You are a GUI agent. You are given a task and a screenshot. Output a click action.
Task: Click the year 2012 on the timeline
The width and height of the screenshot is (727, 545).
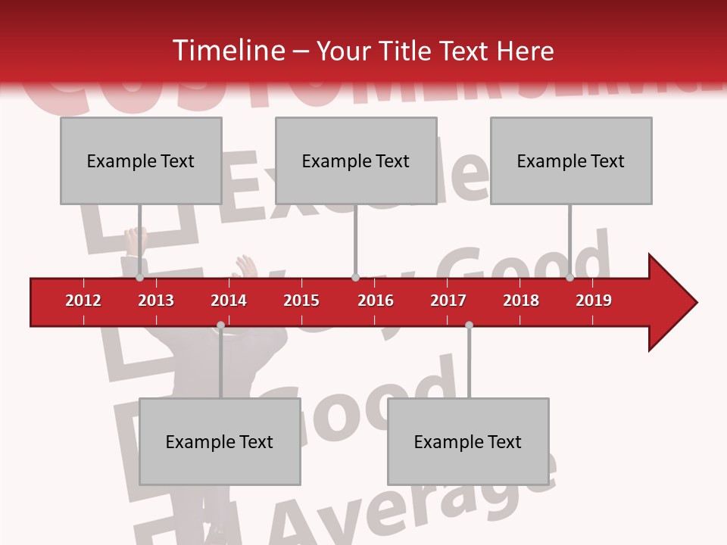pyautogui.click(x=83, y=301)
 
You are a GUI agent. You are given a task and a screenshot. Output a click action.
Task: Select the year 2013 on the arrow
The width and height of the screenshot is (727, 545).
pyautogui.click(x=156, y=301)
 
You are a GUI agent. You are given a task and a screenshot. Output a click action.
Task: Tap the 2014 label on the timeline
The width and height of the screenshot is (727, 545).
pyautogui.click(x=229, y=301)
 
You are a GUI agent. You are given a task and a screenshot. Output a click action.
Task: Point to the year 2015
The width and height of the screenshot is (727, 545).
pyautogui.click(x=301, y=301)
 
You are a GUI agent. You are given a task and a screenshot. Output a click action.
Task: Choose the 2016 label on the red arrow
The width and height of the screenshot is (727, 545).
pyautogui.click(x=376, y=301)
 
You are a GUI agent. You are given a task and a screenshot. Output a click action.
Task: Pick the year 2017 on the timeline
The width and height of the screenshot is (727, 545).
pyautogui.click(x=448, y=301)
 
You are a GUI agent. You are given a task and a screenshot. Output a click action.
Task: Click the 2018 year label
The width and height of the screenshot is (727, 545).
pyautogui.click(x=521, y=301)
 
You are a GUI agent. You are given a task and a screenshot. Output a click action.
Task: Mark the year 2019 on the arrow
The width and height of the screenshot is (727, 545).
pyautogui.click(x=594, y=301)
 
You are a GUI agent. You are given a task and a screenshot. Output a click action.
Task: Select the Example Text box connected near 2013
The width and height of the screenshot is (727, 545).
pyautogui.click(x=141, y=160)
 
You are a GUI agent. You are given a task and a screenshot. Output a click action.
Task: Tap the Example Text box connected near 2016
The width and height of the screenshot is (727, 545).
pyautogui.click(x=356, y=160)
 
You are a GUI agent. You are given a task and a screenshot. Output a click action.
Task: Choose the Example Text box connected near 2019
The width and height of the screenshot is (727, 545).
pyautogui.click(x=571, y=160)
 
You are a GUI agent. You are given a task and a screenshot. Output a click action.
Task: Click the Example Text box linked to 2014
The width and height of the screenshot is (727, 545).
pyautogui.click(x=220, y=441)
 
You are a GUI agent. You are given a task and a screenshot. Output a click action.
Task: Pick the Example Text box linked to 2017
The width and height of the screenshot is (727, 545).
pyautogui.click(x=468, y=441)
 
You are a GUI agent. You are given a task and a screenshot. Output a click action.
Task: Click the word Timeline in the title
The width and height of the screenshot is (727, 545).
pyautogui.click(x=227, y=51)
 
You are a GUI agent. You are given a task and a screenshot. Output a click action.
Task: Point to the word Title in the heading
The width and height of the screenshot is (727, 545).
pyautogui.click(x=408, y=51)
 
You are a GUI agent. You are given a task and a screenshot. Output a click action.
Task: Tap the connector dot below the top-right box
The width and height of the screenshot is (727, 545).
pyautogui.click(x=569, y=278)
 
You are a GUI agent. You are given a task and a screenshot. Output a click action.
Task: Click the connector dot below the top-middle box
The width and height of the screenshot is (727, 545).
pyautogui.click(x=355, y=278)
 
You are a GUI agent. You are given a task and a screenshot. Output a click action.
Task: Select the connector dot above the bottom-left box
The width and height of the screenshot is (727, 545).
pyautogui.click(x=220, y=325)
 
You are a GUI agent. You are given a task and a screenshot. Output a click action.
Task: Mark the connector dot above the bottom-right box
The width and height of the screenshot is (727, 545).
pyautogui.click(x=469, y=325)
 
